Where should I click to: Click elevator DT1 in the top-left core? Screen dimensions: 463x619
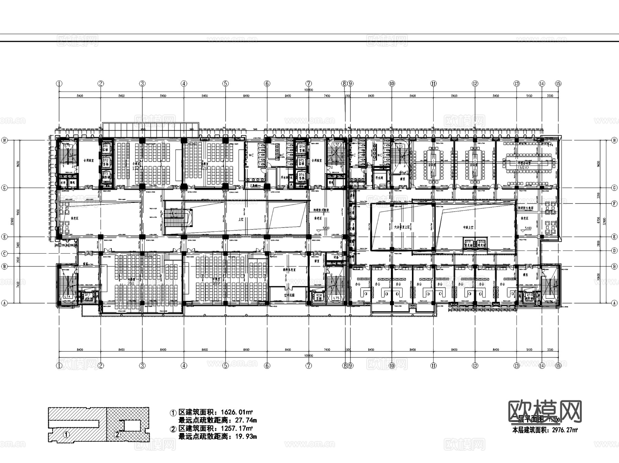coord(106,148)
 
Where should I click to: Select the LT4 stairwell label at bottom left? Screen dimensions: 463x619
coord(67,296)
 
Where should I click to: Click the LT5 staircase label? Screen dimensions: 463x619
coord(336,298)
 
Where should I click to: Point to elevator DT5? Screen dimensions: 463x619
coord(302,162)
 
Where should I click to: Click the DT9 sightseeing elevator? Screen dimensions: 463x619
coord(468,244)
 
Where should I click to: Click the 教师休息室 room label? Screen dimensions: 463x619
coord(289,270)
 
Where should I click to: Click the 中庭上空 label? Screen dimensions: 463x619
coord(468,228)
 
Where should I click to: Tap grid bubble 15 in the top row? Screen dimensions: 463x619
coord(558,84)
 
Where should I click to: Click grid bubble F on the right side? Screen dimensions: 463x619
coord(614,204)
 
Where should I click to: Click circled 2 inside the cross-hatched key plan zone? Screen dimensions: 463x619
coord(117,434)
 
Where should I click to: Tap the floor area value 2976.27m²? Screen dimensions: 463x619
coord(565,430)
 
